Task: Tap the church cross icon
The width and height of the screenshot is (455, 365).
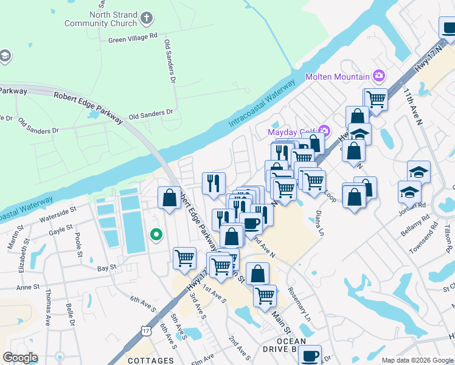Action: tap(146, 18)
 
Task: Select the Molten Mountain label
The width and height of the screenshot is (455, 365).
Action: tap(337, 77)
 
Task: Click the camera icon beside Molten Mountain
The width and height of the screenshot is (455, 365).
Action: tap(380, 76)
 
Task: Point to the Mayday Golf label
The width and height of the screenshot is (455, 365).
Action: tap(292, 131)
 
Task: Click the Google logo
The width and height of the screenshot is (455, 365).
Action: tap(20, 358)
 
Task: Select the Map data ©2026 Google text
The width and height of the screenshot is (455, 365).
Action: tap(417, 360)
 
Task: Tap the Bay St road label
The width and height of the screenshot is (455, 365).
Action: tap(106, 268)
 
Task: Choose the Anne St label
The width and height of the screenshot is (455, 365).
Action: tap(28, 287)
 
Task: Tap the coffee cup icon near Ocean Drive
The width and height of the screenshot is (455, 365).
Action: tap(310, 354)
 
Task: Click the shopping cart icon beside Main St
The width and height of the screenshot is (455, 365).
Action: tap(265, 296)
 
